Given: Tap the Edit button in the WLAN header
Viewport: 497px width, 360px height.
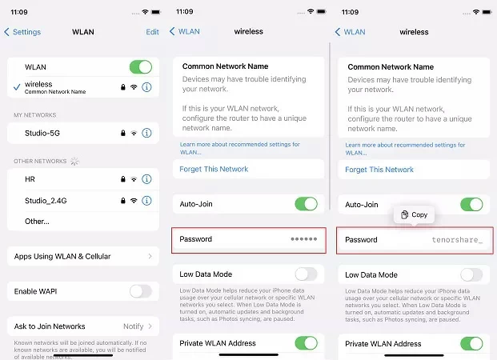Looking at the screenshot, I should [151, 32].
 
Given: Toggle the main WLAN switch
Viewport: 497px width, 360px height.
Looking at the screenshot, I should [140, 67].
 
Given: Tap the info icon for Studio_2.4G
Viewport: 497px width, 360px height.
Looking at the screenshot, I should [146, 200].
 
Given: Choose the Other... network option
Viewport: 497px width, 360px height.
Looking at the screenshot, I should [38, 221].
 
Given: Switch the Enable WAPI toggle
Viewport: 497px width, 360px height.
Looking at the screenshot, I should [140, 291].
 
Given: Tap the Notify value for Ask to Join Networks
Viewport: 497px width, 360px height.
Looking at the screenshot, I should [133, 326].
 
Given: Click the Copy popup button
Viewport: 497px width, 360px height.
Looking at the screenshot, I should [414, 214].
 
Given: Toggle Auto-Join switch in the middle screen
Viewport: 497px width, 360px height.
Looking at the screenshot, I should [306, 204].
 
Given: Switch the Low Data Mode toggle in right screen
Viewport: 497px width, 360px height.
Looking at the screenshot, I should [471, 274].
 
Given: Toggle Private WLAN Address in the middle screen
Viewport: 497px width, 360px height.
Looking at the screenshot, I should [306, 343].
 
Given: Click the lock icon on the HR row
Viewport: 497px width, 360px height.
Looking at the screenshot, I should [121, 179].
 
